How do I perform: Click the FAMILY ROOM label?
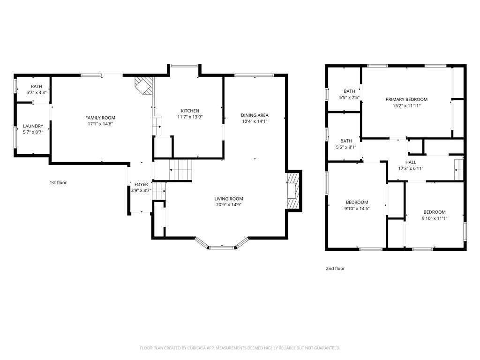tap(100, 118)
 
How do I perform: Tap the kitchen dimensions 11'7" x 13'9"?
tap(190, 117)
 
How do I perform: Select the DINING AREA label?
tap(255, 115)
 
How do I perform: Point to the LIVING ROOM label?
tap(229, 199)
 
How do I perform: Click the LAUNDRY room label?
tap(33, 126)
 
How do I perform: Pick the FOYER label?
tap(141, 184)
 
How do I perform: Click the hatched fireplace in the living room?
tap(293, 191)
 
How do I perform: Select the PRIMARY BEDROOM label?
tap(406, 99)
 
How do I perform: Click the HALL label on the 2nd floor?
tap(411, 162)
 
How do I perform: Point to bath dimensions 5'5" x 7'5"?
tap(349, 97)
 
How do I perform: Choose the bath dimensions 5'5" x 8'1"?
tap(346, 147)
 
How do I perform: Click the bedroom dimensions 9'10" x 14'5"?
tap(357, 209)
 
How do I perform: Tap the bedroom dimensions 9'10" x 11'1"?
tap(434, 218)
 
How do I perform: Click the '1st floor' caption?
tap(58, 182)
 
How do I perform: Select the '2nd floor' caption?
tap(335, 269)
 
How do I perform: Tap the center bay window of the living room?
tap(222, 247)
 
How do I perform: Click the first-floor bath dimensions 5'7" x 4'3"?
tap(36, 92)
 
